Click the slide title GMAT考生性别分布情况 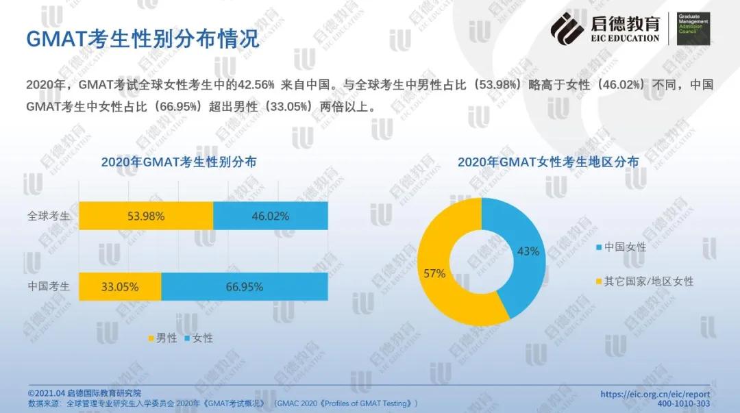pyautogui.click(x=143, y=38)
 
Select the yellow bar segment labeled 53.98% pyautogui.click(x=146, y=216)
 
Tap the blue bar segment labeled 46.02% pyautogui.click(x=270, y=216)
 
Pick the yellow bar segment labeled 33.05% pyautogui.click(x=120, y=286)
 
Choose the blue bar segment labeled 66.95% pyautogui.click(x=244, y=286)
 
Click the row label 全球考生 pyautogui.click(x=49, y=216)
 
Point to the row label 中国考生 pyautogui.click(x=49, y=286)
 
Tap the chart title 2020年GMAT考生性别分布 pyautogui.click(x=179, y=162)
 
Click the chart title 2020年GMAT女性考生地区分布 pyautogui.click(x=548, y=162)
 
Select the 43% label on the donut pyautogui.click(x=528, y=251)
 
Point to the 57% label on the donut pyautogui.click(x=434, y=273)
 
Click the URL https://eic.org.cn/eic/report pyautogui.click(x=654, y=394)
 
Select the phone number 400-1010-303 pyautogui.click(x=683, y=404)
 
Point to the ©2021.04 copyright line pyautogui.click(x=84, y=394)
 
